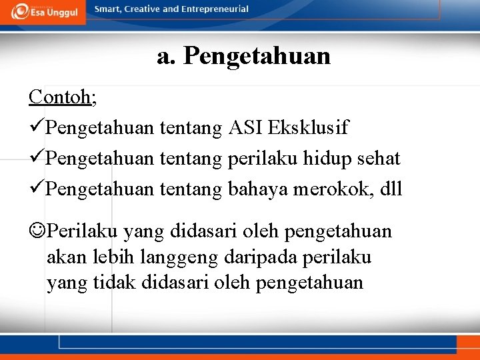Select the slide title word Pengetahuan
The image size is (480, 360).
pyautogui.click(x=257, y=56)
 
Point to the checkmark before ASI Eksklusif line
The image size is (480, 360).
pyautogui.click(x=37, y=127)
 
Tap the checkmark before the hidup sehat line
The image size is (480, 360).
pyautogui.click(x=37, y=158)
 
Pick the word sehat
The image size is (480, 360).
pyautogui.click(x=379, y=158)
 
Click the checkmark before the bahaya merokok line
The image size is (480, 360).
pyautogui.click(x=37, y=189)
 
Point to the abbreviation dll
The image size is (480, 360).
pyautogui.click(x=390, y=189)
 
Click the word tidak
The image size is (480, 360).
pyautogui.click(x=112, y=283)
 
